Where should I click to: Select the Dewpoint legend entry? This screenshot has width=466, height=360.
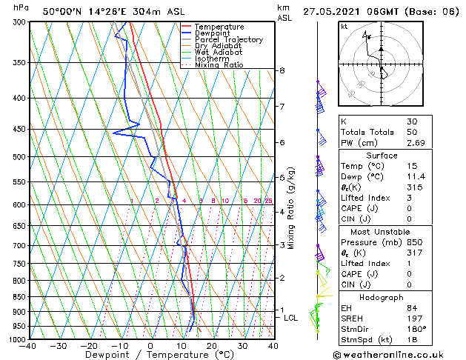[216, 33]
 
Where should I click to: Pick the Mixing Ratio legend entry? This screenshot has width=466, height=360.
[219, 65]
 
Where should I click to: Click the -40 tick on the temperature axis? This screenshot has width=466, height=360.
[28, 346]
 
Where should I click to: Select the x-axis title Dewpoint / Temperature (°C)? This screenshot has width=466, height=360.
[151, 356]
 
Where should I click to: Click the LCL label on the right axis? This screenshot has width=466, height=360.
[291, 318]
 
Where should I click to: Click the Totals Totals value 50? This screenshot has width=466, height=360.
[412, 132]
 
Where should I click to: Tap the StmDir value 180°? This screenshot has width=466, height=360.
[416, 329]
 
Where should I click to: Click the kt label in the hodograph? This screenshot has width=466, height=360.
[344, 27]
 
